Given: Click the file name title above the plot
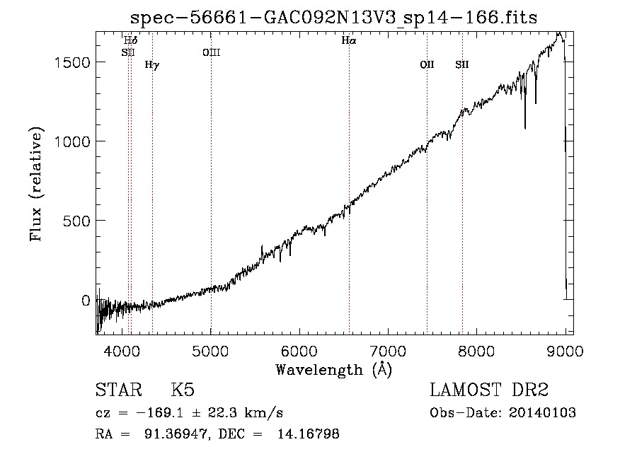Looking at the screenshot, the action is tap(333, 18).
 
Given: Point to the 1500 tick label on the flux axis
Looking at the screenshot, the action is tap(72, 62).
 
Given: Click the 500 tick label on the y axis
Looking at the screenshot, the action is tap(76, 221).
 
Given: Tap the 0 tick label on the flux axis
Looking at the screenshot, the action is tap(86, 301).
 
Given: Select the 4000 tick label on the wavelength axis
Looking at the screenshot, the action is tap(122, 351).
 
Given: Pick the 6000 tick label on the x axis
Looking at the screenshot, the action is tap(299, 351).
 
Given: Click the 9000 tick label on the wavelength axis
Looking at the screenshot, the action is tap(565, 351).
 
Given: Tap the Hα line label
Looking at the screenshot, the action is tap(348, 40).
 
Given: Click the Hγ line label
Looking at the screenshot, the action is tap(152, 65).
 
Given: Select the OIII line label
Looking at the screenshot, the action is tap(211, 52).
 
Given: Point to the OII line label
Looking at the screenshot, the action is tap(427, 64).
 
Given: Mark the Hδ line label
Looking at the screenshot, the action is tap(130, 40).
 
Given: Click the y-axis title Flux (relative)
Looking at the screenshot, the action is tap(36, 184).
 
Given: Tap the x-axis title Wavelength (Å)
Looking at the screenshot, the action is tap(334, 370).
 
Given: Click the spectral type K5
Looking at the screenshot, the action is tap(183, 390).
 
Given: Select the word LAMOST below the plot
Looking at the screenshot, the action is tap(465, 390).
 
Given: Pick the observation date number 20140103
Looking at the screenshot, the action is tap(542, 413).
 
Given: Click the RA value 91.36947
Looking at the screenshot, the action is tap(177, 434).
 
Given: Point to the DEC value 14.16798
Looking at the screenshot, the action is tap(309, 434).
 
